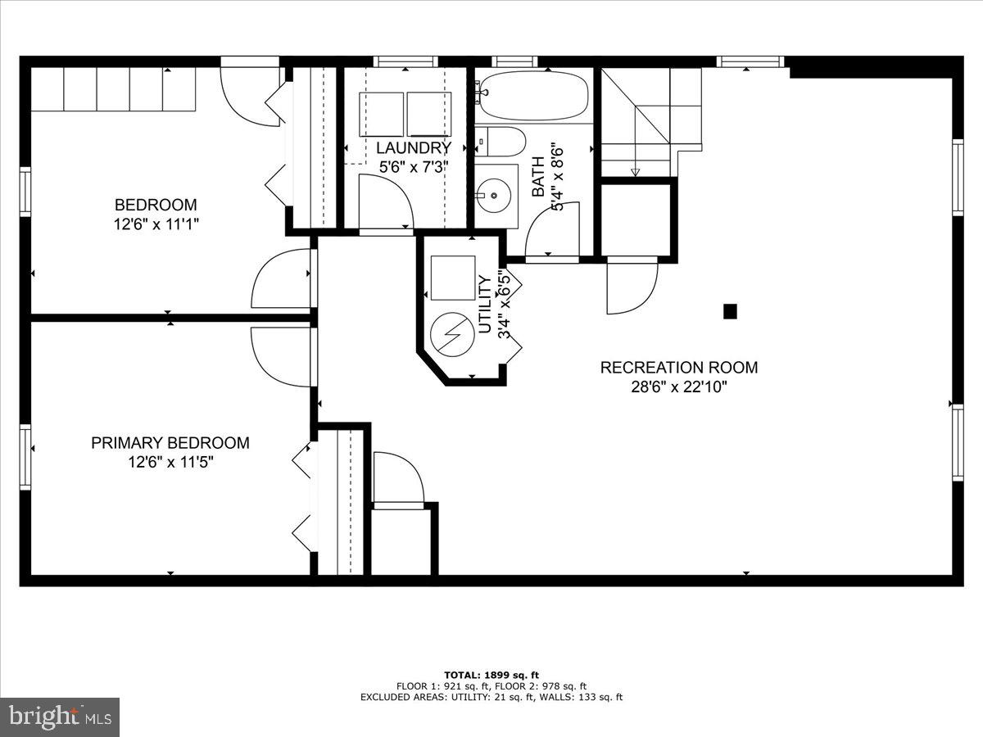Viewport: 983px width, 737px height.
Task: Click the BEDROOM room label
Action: pos(156,205)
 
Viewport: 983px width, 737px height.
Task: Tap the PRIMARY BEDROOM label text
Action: pos(170,443)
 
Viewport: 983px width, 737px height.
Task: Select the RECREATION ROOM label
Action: pos(679,368)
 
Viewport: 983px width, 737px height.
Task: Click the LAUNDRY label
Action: pos(414,148)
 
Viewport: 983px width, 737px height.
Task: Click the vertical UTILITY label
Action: pos(485,305)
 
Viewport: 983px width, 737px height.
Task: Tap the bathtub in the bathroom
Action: pos(533,95)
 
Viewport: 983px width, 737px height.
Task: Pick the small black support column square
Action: pos(730,311)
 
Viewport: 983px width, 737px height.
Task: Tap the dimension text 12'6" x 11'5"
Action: pos(170,463)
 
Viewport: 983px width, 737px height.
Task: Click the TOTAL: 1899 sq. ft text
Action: pos(491,675)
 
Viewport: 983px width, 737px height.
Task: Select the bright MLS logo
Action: pos(60,717)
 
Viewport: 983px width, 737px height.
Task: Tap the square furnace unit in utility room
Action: pos(453,278)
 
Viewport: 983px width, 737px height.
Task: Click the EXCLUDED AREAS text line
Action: pos(491,698)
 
